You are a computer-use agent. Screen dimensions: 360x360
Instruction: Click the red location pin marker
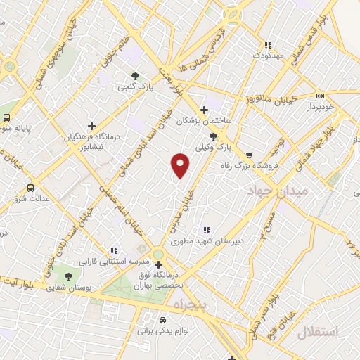[x=181, y=165]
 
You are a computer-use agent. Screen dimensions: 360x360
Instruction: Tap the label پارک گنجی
[x=134, y=87]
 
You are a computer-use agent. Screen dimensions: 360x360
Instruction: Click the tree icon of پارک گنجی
[x=135, y=75]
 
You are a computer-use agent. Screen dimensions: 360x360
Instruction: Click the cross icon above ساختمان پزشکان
[x=204, y=110]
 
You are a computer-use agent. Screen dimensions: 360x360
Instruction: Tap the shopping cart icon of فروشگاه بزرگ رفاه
[x=248, y=155]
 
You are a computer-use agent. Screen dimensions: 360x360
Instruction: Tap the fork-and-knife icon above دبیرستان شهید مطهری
[x=207, y=229]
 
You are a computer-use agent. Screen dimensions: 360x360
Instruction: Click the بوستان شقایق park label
[x=70, y=288]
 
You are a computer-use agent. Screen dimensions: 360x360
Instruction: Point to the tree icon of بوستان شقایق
[x=68, y=276]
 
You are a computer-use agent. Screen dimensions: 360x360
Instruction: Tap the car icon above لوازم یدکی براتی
[x=162, y=318]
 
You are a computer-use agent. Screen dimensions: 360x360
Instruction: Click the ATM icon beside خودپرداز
[x=320, y=96]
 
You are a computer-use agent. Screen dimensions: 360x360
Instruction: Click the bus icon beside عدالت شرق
[x=30, y=188]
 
